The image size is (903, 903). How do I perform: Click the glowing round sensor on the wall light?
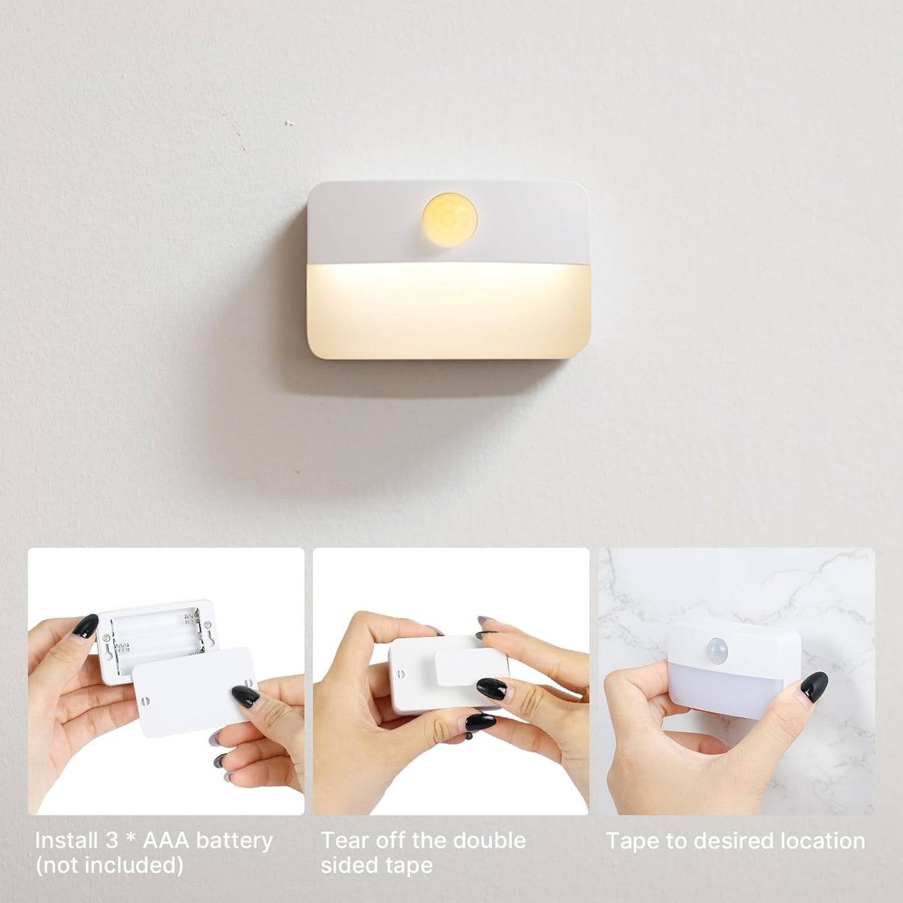(449, 220)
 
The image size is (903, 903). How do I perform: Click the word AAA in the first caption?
(166, 841)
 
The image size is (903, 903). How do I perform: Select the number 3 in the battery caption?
(112, 841)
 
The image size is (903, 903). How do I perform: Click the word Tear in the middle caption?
(342, 841)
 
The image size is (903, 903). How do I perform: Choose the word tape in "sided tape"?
(409, 866)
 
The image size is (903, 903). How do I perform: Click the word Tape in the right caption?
(632, 841)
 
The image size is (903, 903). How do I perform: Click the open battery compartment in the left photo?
(156, 631)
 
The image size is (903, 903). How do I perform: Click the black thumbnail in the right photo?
(814, 686)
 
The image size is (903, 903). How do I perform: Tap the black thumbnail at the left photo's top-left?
(86, 625)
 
